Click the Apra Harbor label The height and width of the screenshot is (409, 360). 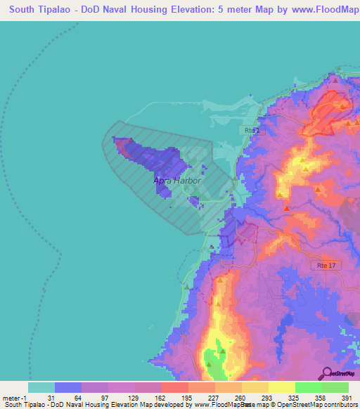coord(177,181)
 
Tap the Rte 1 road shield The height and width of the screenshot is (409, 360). coord(252,131)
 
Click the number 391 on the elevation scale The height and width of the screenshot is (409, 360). coord(347,398)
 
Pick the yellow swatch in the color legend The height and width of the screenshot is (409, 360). coord(281,387)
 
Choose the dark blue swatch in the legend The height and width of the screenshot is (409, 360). coord(68,387)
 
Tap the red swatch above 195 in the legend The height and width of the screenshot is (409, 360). coord(174,387)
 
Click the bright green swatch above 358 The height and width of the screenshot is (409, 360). coord(308,387)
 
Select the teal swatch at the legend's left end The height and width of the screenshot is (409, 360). coord(41,387)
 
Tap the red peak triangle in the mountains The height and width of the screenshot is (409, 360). coord(286,208)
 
